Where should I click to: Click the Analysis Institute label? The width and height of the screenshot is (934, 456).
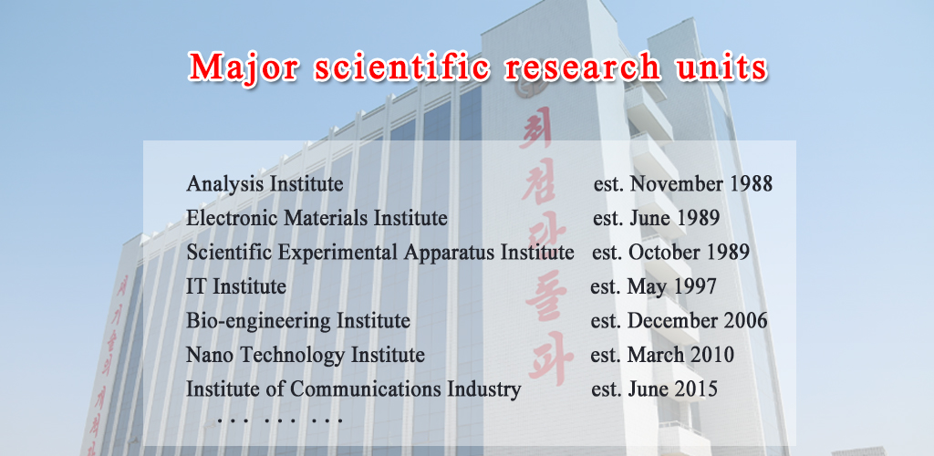click(x=265, y=184)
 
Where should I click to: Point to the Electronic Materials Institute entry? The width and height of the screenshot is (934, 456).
click(x=317, y=219)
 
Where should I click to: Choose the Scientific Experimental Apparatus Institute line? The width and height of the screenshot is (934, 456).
click(x=379, y=253)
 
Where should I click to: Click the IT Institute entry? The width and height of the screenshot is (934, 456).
click(x=236, y=287)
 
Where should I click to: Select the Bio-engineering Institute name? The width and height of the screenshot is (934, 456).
click(x=298, y=321)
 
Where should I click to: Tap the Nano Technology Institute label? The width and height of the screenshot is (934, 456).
click(x=306, y=355)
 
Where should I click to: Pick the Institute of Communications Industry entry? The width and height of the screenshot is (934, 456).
click(x=354, y=389)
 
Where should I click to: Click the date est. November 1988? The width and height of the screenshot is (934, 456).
click(x=682, y=184)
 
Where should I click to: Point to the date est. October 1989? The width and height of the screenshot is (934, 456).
click(x=670, y=253)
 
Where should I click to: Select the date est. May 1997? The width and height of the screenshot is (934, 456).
click(x=653, y=287)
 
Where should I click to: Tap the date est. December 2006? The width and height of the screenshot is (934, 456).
click(x=679, y=321)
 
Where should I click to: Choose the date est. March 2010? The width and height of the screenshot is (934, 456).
click(x=662, y=355)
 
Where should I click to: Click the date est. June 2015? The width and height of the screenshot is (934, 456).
click(x=654, y=389)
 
